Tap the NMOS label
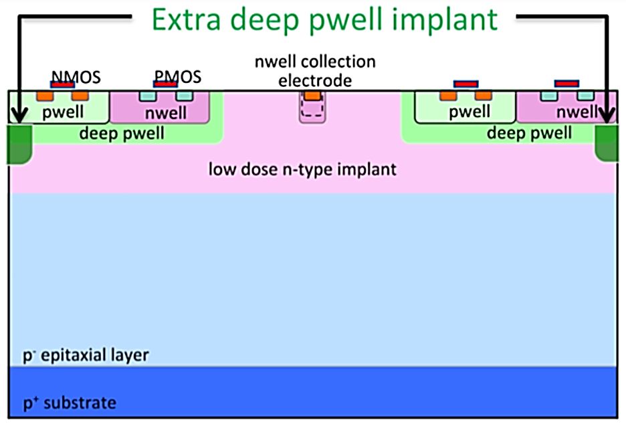[x=76, y=77]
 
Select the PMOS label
[x=177, y=77]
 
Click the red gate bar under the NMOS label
[x=63, y=85]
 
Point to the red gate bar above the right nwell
[x=566, y=84]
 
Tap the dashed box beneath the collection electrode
[x=312, y=111]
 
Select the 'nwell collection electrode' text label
[x=315, y=71]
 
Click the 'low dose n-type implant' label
[x=302, y=169]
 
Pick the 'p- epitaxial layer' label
[x=85, y=354]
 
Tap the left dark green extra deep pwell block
[x=20, y=143]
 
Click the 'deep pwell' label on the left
[x=122, y=134]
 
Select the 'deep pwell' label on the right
[x=529, y=133]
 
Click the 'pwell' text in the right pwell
[x=469, y=112]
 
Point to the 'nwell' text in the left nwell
[x=166, y=113]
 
